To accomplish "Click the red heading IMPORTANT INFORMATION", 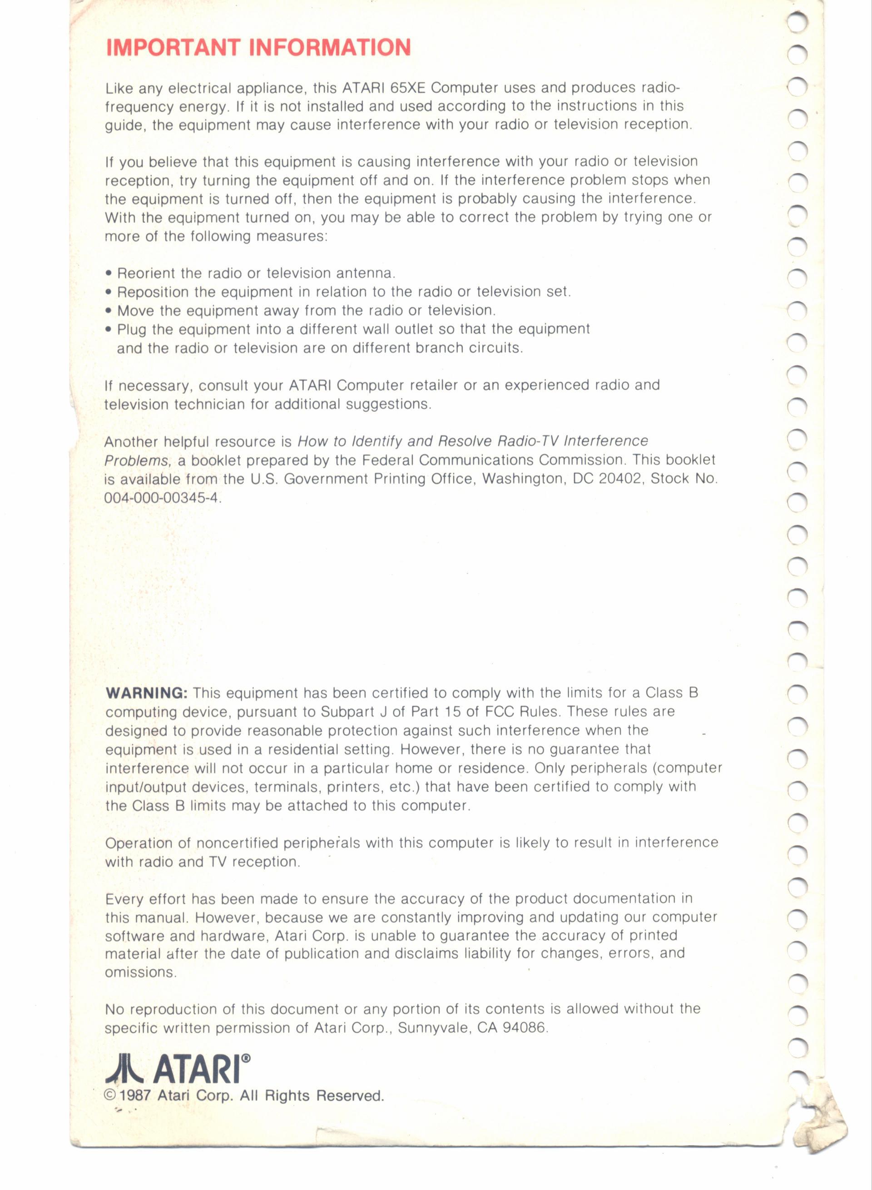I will tap(258, 48).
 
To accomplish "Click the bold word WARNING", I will tap(146, 693).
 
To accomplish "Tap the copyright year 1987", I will tap(135, 1096).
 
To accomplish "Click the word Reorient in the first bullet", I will tap(146, 273).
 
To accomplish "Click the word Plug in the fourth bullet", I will tap(131, 329).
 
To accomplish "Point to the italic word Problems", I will tap(137, 461).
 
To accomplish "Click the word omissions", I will tap(140, 972).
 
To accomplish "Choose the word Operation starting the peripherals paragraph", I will tap(139, 843).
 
